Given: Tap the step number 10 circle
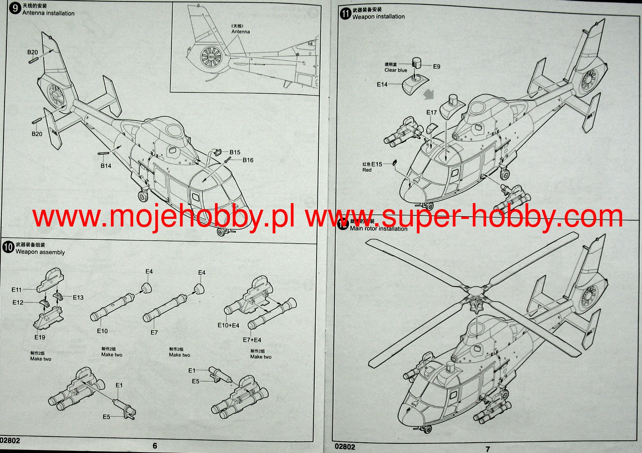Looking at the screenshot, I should pyautogui.click(x=8, y=247).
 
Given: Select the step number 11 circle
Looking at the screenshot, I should pyautogui.click(x=345, y=13).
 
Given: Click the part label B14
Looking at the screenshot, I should pyautogui.click(x=106, y=166).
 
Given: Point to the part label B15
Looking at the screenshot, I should pyautogui.click(x=235, y=152).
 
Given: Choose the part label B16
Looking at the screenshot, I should pyautogui.click(x=248, y=160).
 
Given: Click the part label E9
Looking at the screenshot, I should pyautogui.click(x=437, y=66).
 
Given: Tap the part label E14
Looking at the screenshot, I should pyautogui.click(x=382, y=84).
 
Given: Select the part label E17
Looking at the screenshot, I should pyautogui.click(x=431, y=112).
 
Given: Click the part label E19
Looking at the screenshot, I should pyautogui.click(x=40, y=337).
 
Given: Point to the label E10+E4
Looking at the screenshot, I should pyautogui.click(x=228, y=325).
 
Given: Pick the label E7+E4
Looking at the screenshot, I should pyautogui.click(x=252, y=340).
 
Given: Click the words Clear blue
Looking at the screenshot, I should pyautogui.click(x=396, y=70).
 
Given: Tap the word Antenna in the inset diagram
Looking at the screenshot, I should pyautogui.click(x=241, y=32).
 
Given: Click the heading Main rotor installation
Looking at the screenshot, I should pyautogui.click(x=379, y=228).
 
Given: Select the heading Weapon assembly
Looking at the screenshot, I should pyautogui.click(x=40, y=252).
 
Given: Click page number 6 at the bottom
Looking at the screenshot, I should pyautogui.click(x=155, y=446).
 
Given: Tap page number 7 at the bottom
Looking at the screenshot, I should pyautogui.click(x=488, y=449).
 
